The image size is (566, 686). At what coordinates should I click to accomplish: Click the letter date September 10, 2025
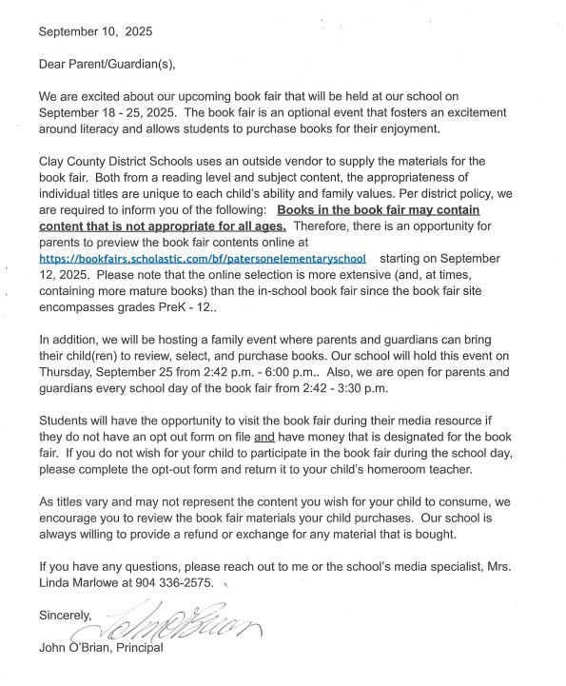(95, 30)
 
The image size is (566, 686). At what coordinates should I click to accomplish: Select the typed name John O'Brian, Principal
(101, 648)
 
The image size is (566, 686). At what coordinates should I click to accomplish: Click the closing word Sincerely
(65, 616)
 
